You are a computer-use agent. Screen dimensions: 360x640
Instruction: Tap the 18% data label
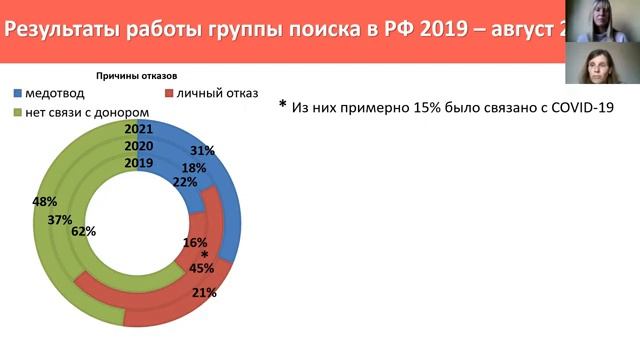pos(193,167)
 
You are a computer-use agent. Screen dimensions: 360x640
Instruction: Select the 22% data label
pos(184,181)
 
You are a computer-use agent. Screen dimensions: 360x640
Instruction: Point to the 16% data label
pos(196,242)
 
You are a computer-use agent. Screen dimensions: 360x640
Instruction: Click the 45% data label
pos(201,267)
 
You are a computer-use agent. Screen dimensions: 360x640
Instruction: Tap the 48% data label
pos(44,202)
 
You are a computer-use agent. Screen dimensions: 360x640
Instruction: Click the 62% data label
pos(83,231)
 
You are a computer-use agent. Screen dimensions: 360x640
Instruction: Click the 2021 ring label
pos(139,130)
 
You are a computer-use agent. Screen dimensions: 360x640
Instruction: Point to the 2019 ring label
pos(139,162)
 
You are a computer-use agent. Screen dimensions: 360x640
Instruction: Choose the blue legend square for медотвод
pos(19,93)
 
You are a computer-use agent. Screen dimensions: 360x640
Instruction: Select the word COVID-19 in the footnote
pos(578,106)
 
